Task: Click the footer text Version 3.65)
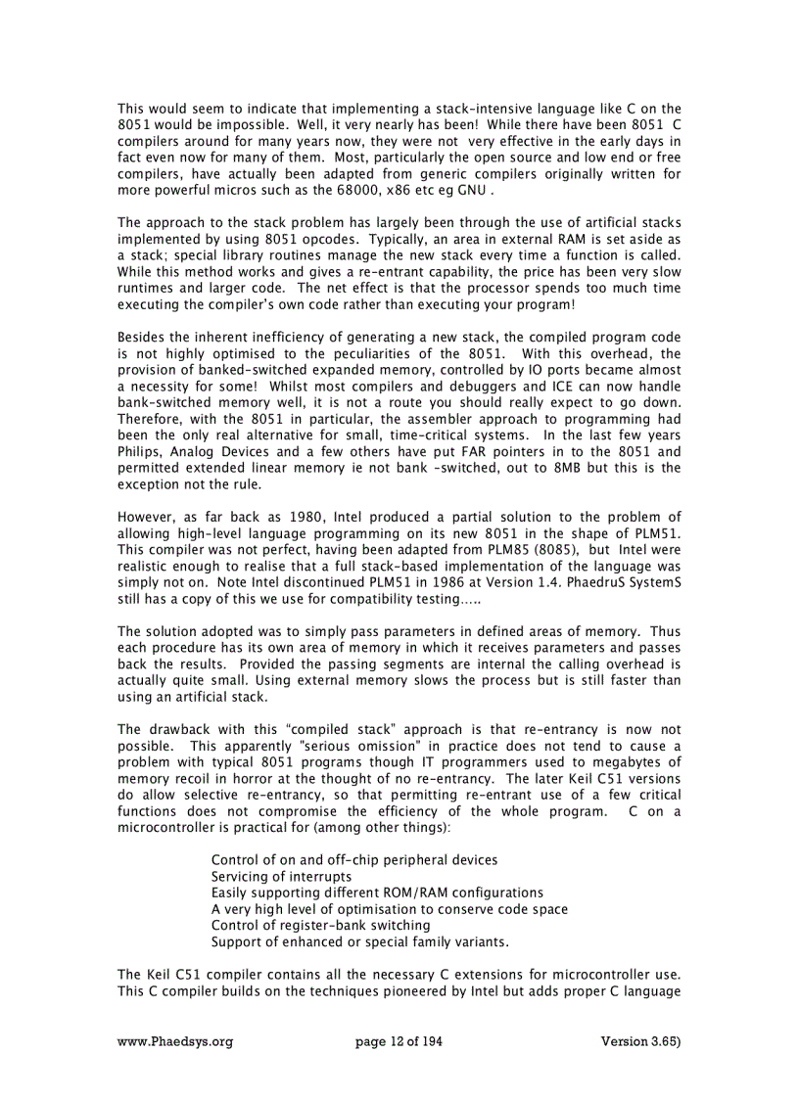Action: pos(640,1041)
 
